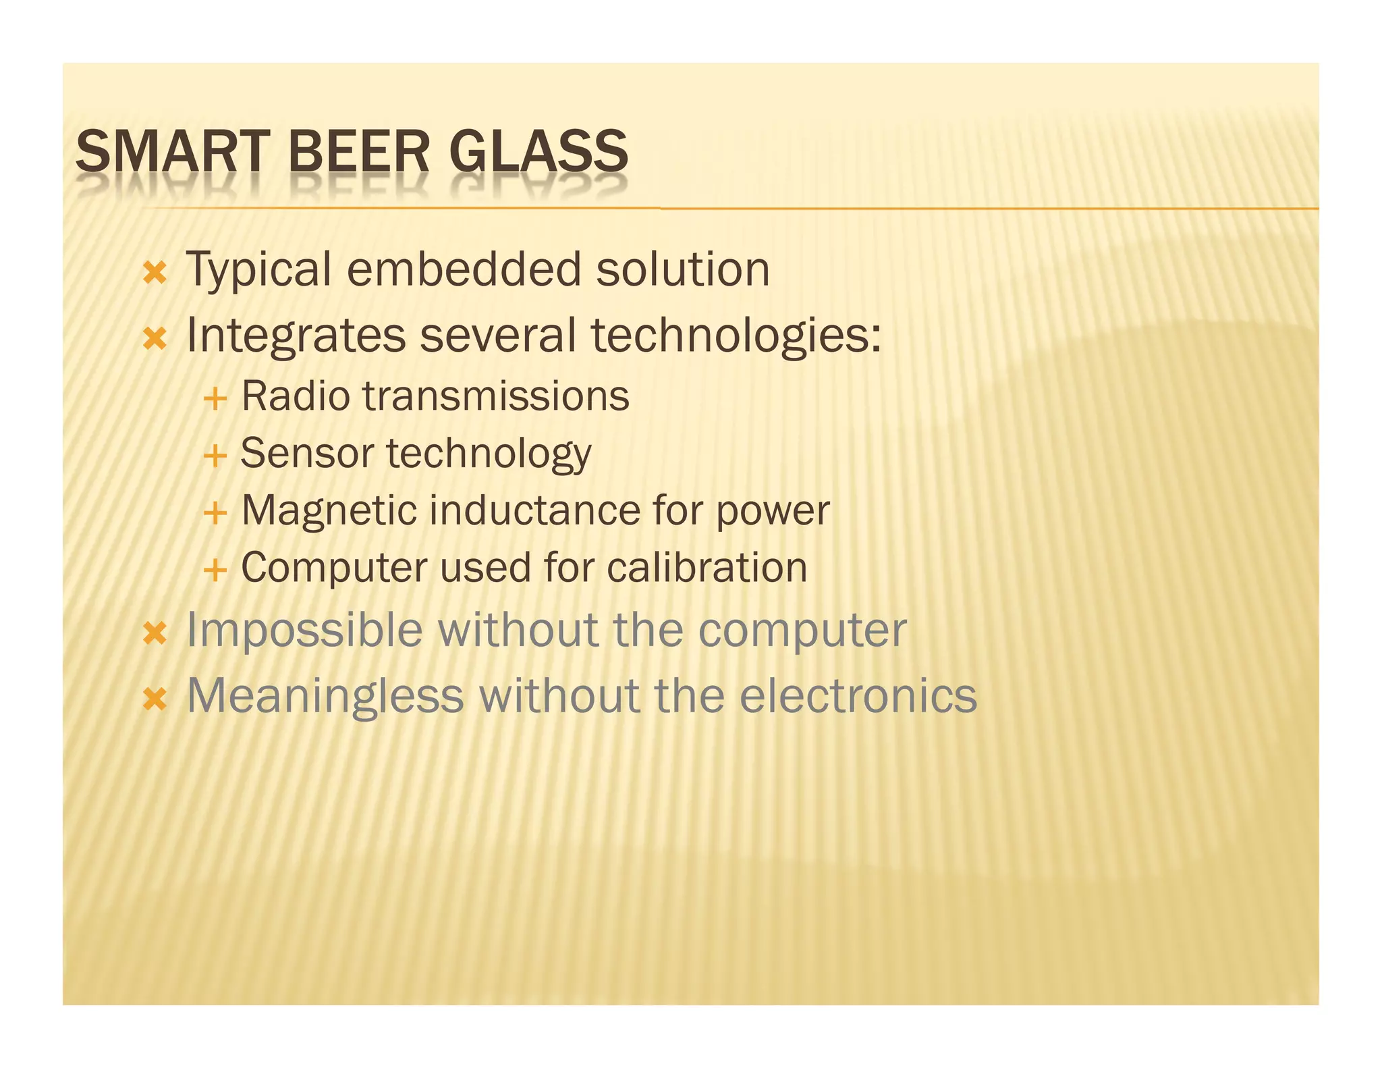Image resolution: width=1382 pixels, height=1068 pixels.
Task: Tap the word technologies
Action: pos(736,336)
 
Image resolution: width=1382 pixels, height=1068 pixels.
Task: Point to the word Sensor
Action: pos(306,453)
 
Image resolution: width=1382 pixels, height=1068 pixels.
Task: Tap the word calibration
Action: pos(707,568)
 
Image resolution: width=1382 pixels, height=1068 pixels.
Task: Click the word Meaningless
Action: pos(325,696)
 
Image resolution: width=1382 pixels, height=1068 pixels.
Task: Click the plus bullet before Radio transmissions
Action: pos(215,399)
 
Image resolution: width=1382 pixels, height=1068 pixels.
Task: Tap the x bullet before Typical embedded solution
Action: pos(155,273)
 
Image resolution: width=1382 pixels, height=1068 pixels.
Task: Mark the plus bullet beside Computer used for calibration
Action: pos(215,570)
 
